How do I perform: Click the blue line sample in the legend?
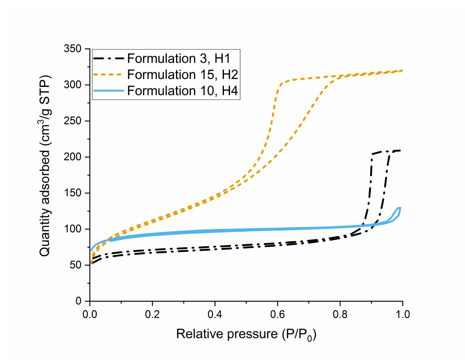(x=109, y=91)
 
